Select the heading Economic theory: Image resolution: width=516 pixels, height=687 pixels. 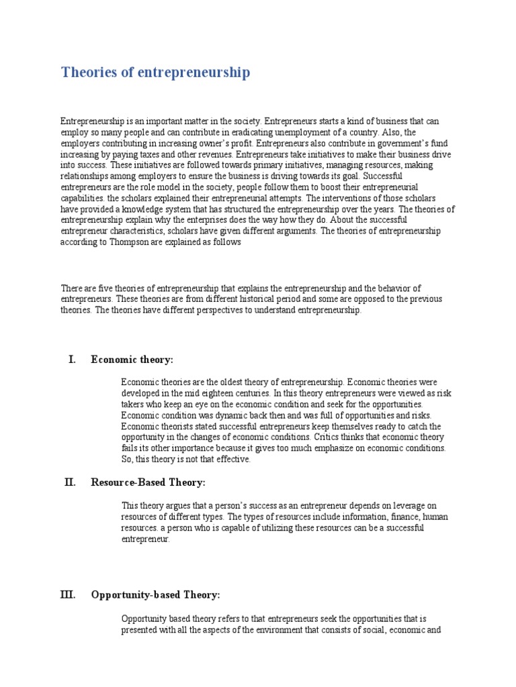[x=132, y=360]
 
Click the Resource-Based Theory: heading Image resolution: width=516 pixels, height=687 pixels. [x=148, y=482]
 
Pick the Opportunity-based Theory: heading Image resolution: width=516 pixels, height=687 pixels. [x=155, y=595]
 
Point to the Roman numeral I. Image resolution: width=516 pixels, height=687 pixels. [x=72, y=360]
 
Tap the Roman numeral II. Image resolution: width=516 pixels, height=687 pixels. [x=71, y=482]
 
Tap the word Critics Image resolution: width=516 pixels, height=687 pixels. [x=329, y=437]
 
